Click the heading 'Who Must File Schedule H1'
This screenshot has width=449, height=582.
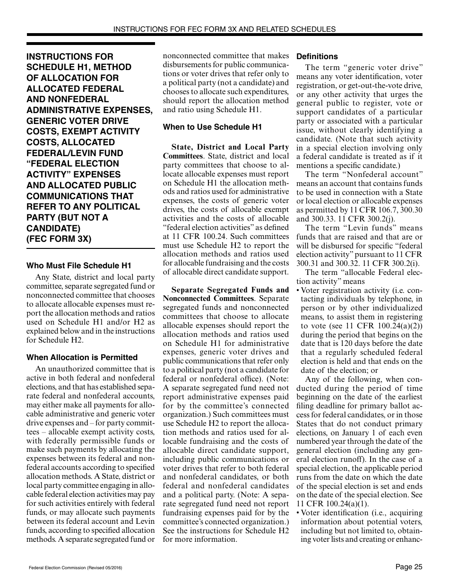(x=78, y=265)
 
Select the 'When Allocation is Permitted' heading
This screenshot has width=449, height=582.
(x=82, y=357)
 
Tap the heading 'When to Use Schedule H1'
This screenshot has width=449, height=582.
(x=212, y=127)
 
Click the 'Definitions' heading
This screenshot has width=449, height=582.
(x=317, y=56)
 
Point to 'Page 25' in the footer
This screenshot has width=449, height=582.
(x=409, y=566)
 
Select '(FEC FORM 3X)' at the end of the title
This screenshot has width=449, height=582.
(x=59, y=239)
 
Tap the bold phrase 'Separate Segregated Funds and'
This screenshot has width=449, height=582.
(x=230, y=290)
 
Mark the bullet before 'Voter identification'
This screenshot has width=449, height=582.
(x=298, y=513)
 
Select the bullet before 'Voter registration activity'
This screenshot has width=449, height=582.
(x=298, y=291)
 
